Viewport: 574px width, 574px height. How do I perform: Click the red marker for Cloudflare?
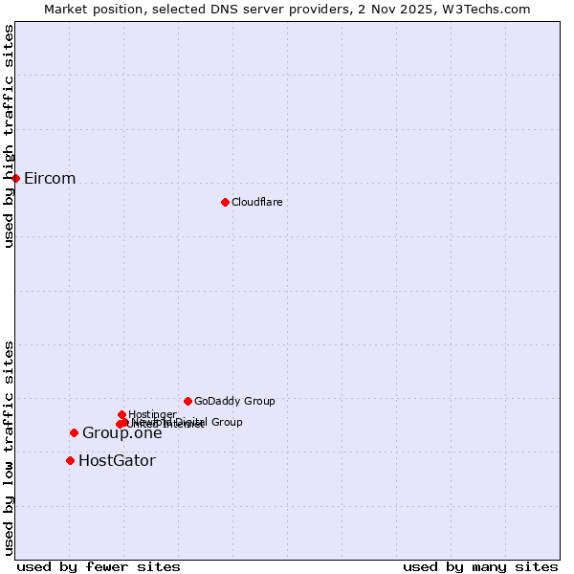(225, 202)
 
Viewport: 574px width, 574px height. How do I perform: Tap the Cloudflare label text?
(256, 202)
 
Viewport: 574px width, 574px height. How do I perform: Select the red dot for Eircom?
(16, 178)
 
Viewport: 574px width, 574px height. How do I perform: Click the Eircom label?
(50, 179)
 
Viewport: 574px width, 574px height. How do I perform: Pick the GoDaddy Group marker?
(188, 401)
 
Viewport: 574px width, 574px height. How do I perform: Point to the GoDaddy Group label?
(234, 401)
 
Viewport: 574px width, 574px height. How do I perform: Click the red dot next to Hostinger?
(121, 414)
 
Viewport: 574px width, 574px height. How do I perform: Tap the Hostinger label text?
(152, 414)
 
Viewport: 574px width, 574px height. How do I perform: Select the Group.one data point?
(74, 432)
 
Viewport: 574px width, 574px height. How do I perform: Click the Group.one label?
(121, 433)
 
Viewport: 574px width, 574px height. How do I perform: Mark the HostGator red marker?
(70, 460)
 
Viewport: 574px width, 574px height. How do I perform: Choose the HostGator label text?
(117, 461)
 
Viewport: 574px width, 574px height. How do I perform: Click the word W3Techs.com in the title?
(493, 9)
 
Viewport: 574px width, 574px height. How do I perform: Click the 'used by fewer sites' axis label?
(99, 566)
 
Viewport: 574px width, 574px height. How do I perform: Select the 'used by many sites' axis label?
(480, 566)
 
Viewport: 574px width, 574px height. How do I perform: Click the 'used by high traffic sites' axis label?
(9, 136)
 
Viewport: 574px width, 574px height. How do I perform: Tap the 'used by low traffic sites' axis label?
(9, 448)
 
